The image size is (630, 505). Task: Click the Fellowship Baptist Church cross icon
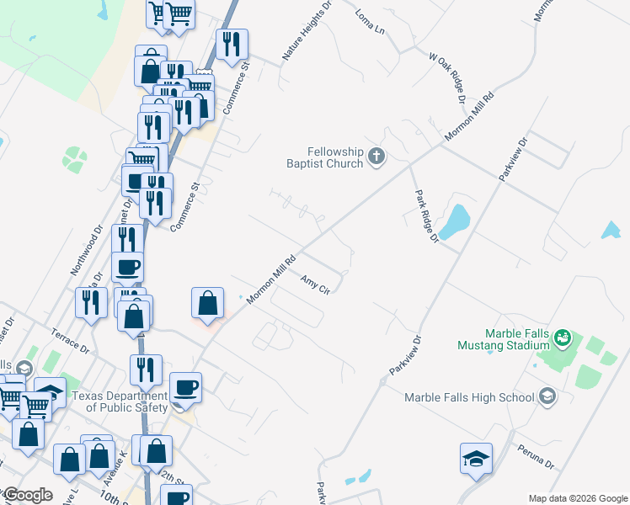(376, 156)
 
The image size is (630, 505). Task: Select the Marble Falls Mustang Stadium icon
(563, 339)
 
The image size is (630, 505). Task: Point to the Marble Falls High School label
(468, 397)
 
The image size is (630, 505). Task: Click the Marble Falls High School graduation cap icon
(547, 396)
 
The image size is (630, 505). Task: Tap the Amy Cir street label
(314, 284)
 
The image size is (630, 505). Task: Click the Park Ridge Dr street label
(426, 215)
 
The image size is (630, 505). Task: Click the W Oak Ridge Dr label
(447, 79)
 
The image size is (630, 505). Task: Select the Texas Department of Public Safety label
(120, 402)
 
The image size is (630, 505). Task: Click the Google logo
(28, 495)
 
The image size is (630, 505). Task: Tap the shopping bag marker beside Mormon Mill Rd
(208, 305)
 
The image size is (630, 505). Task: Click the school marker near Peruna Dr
(476, 460)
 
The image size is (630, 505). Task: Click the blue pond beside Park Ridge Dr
(455, 221)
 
